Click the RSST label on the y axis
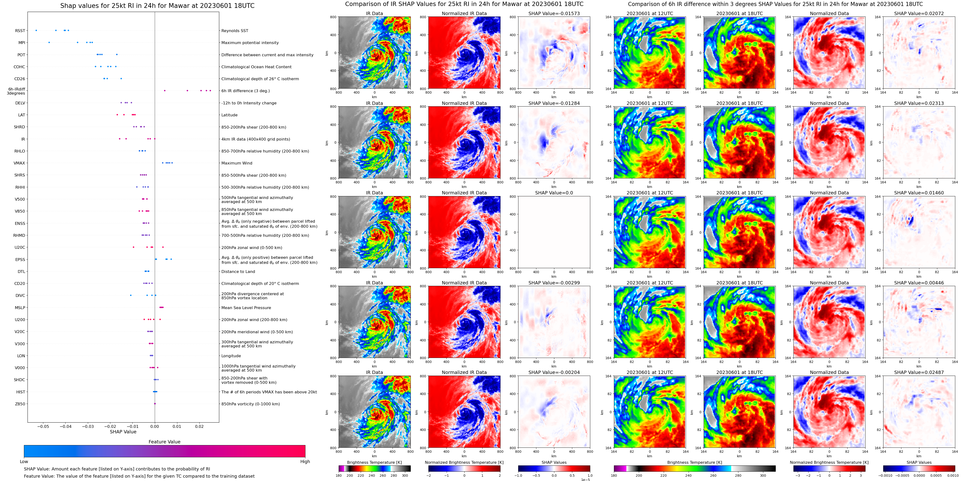(20, 31)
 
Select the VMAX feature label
(19, 163)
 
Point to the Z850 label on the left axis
(20, 404)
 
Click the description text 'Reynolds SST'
(235, 31)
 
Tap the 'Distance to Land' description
(238, 272)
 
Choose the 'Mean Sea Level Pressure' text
(246, 307)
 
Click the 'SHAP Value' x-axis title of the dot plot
(123, 432)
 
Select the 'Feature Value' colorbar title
(164, 442)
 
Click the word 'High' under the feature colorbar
(305, 462)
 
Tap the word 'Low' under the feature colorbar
(24, 462)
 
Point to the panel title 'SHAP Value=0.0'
(554, 193)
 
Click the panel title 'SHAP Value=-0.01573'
(554, 13)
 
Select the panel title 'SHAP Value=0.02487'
(919, 372)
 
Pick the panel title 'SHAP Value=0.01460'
(919, 193)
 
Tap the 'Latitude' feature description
(230, 115)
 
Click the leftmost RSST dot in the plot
(36, 30)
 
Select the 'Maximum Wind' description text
(237, 163)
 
